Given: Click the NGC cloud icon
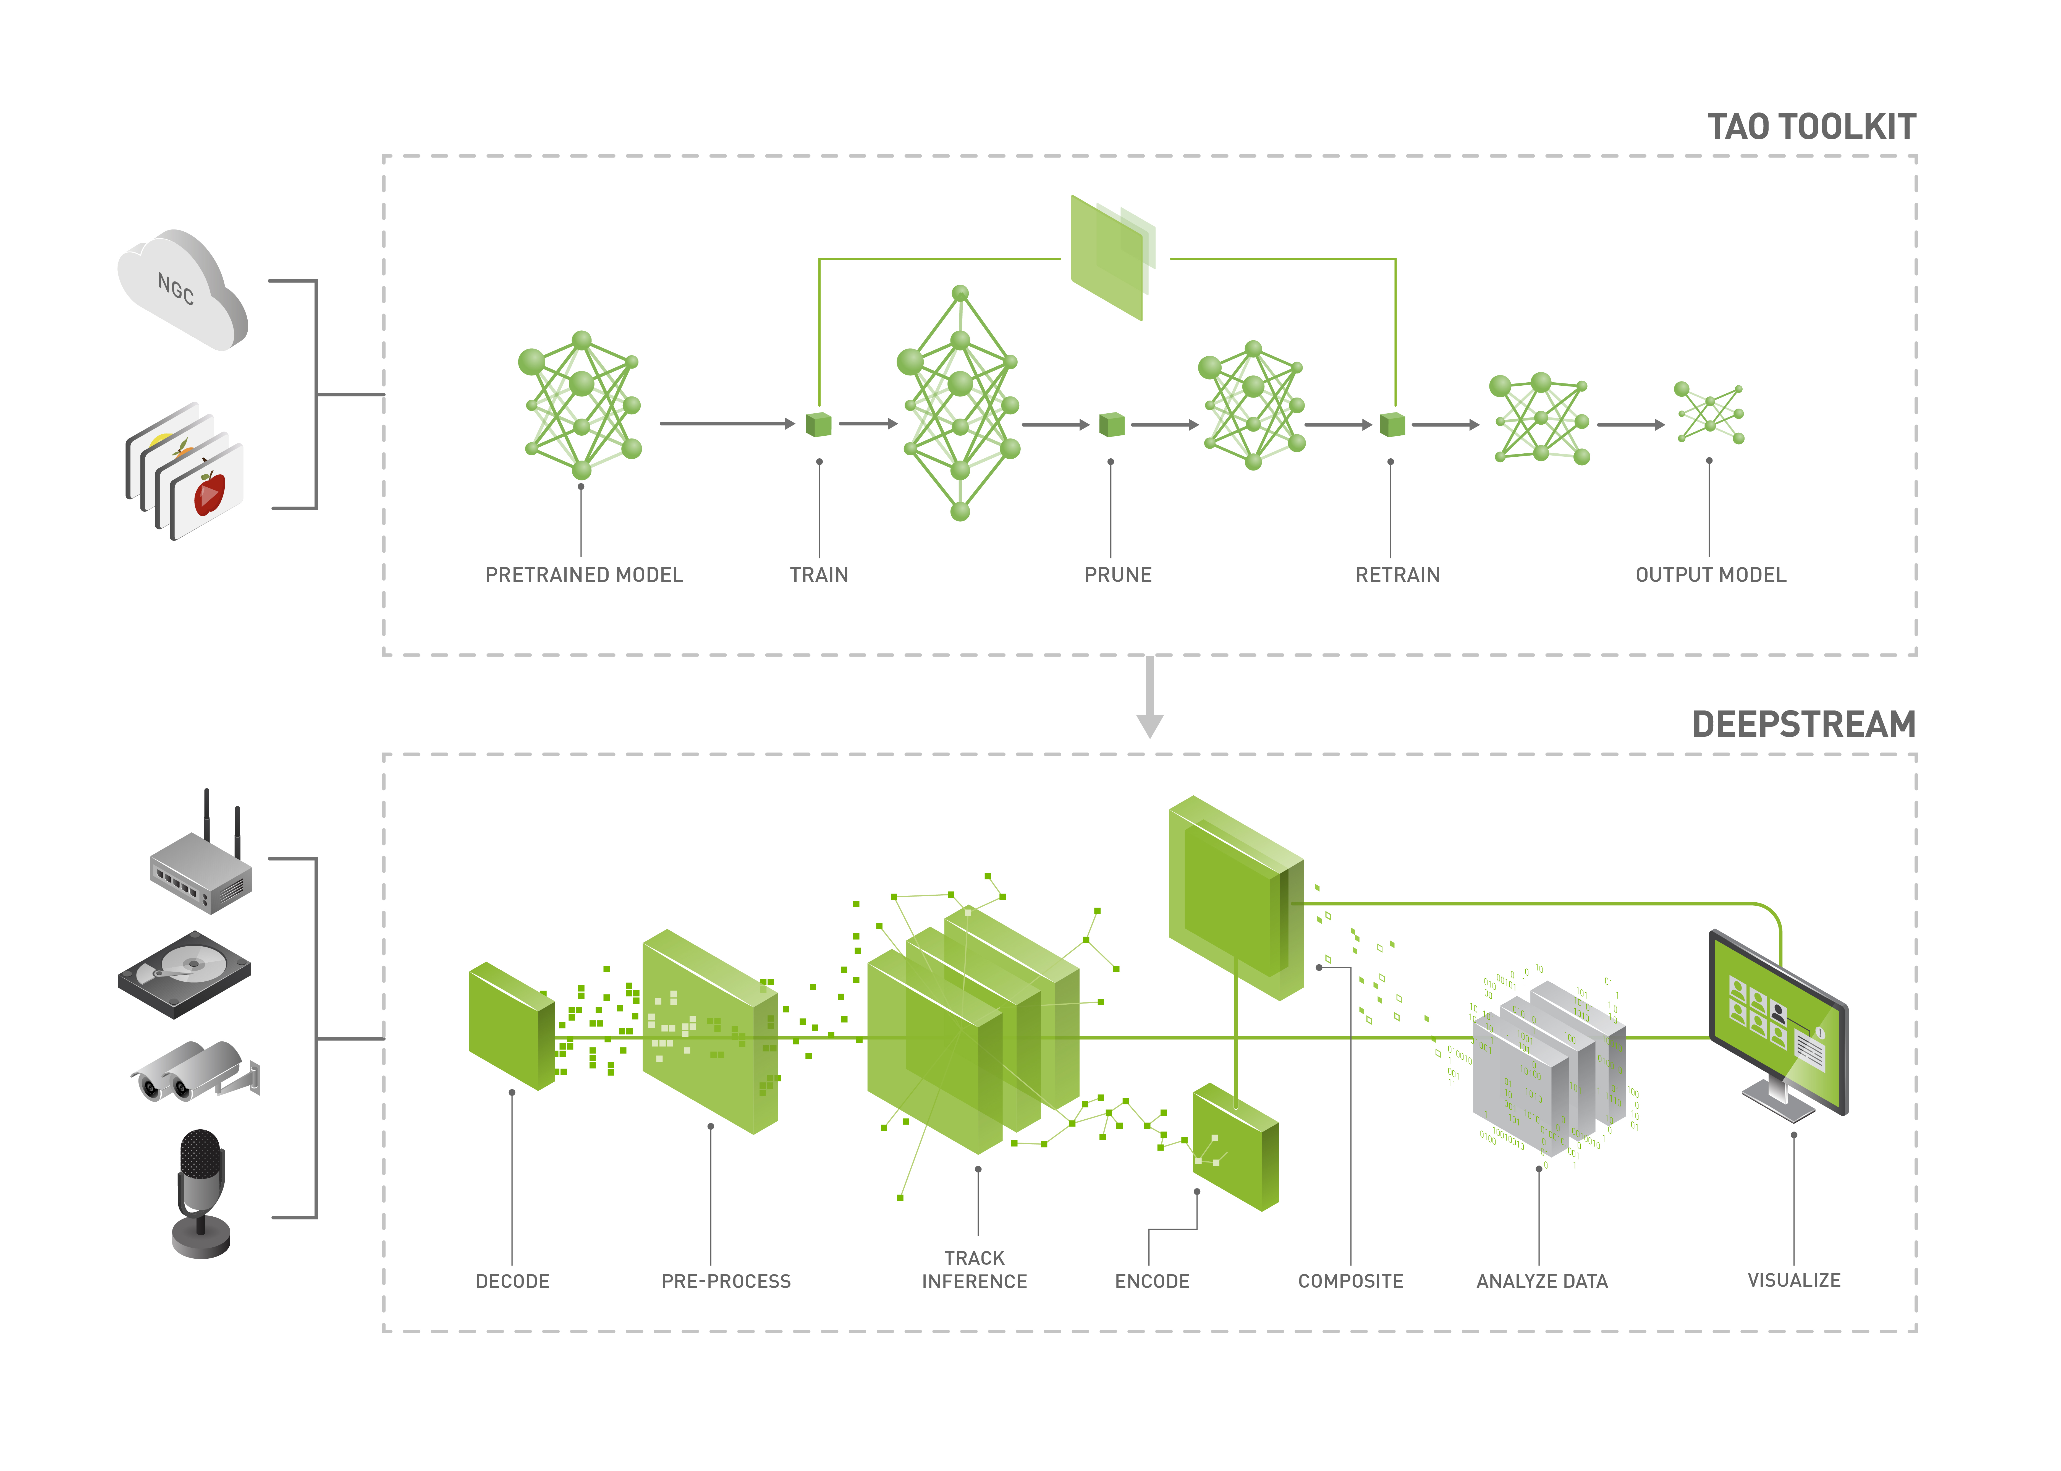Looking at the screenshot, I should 181,290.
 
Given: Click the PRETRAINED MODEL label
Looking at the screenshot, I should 584,575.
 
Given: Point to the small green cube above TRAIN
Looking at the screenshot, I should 819,424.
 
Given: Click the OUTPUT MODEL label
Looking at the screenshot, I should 1710,575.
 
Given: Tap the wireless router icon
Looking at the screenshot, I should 201,869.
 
